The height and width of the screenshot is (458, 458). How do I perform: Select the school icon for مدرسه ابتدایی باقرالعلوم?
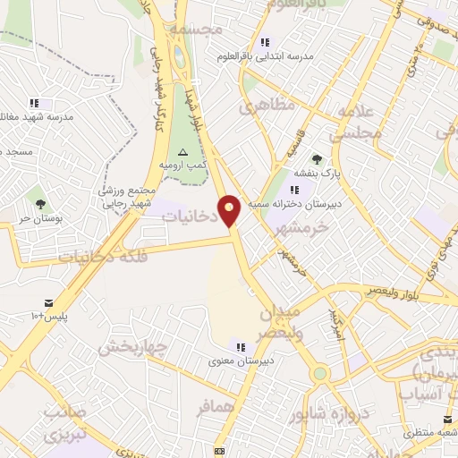point(264,42)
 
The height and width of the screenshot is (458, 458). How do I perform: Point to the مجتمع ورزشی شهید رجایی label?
point(128,197)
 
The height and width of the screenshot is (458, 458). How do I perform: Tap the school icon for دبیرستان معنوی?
point(240,346)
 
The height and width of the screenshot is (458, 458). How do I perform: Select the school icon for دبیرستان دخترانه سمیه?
point(295,190)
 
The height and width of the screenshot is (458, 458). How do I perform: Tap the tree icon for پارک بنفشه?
point(316,160)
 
